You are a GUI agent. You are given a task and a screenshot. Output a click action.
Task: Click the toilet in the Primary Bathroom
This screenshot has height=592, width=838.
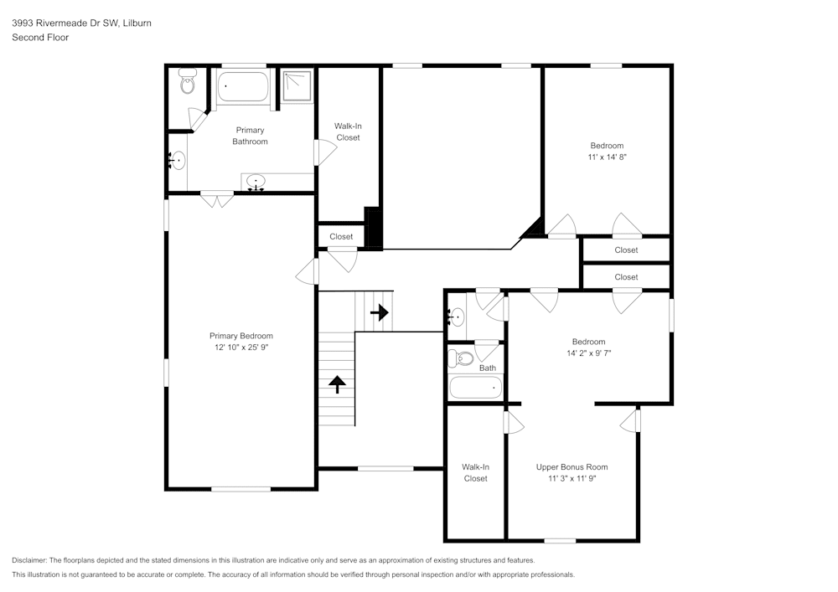click(x=187, y=83)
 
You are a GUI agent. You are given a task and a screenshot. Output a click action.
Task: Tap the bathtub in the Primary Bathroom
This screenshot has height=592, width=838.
click(x=243, y=87)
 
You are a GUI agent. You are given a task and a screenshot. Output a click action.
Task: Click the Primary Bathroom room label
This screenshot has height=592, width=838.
click(x=250, y=136)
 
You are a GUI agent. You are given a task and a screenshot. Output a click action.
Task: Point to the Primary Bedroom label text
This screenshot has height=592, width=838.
click(x=241, y=336)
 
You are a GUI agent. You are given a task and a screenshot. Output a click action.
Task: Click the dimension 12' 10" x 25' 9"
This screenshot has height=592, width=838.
click(x=241, y=347)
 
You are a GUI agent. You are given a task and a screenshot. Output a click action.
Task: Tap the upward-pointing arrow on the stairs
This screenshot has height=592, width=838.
click(x=338, y=384)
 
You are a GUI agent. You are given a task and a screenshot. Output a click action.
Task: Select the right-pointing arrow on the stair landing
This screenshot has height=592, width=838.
click(x=380, y=312)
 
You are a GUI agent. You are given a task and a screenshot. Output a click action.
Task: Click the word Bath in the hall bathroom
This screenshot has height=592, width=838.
click(x=488, y=368)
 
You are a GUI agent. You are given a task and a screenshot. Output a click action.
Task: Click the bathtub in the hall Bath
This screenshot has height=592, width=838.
click(x=475, y=388)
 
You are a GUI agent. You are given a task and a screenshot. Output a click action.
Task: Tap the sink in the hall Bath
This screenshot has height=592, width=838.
click(x=456, y=317)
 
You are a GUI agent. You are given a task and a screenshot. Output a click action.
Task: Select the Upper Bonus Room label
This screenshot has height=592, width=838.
click(x=572, y=467)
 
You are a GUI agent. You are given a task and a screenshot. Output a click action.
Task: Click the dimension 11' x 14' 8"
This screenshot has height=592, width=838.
click(x=607, y=157)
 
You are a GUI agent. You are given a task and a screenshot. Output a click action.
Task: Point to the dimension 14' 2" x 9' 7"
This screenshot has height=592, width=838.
click(x=588, y=353)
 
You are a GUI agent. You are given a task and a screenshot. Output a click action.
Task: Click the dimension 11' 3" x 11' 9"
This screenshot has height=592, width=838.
click(x=572, y=479)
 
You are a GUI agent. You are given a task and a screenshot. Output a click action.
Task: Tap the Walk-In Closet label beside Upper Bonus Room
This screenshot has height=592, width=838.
click(x=475, y=473)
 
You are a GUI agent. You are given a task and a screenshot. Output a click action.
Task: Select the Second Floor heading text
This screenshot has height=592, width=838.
click(x=40, y=38)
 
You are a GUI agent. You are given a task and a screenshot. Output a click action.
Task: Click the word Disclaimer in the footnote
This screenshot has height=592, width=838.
click(x=29, y=560)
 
